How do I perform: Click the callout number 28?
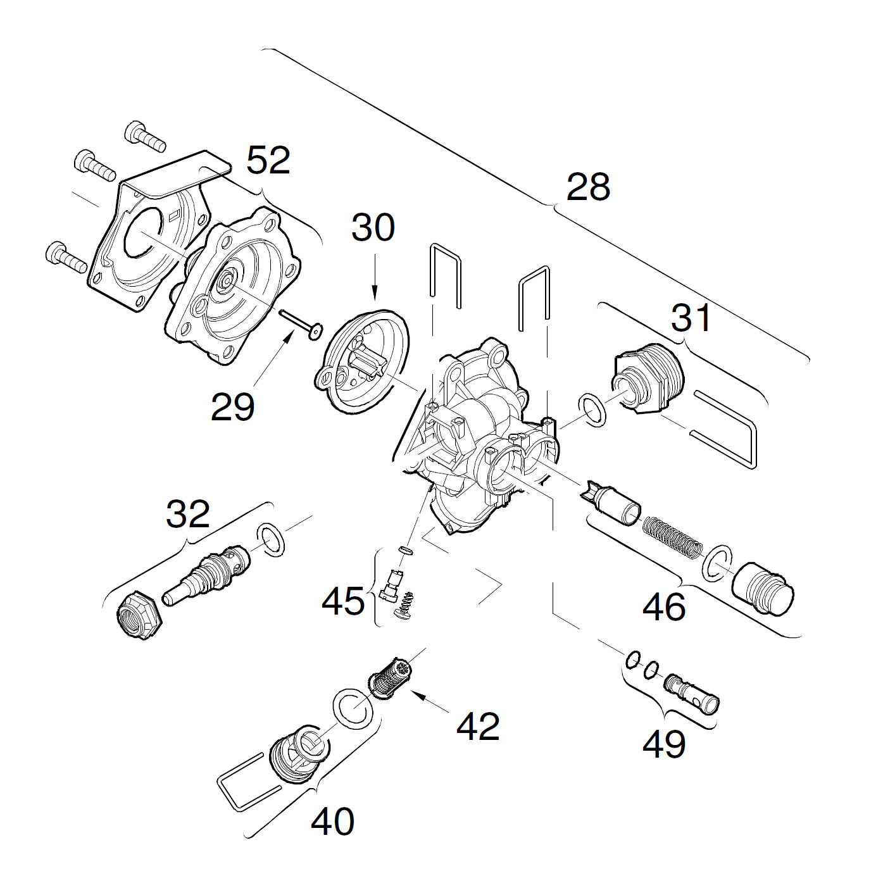coord(588,187)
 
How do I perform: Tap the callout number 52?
coord(268,161)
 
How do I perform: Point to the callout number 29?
coord(232,407)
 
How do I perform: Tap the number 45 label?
coord(344,601)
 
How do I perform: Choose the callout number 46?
coord(664,607)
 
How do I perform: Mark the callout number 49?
coord(664,744)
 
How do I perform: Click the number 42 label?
coord(479,726)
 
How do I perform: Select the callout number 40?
coord(332,822)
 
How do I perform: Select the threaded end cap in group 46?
coord(763,587)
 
